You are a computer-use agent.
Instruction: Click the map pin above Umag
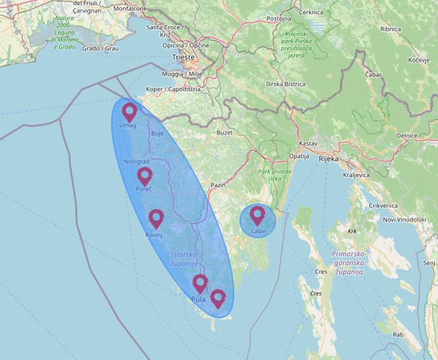(x=129, y=112)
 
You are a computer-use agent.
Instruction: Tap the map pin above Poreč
(x=145, y=176)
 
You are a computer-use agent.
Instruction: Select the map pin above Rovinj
(x=156, y=219)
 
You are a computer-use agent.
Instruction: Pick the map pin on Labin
(x=257, y=215)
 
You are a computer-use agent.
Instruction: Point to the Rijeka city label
(x=329, y=159)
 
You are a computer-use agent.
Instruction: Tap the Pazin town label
(x=218, y=185)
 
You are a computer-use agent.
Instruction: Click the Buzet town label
(x=225, y=133)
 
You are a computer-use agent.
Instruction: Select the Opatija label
(x=299, y=156)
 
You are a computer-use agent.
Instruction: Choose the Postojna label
(x=279, y=19)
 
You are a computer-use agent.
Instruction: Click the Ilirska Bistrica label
(x=286, y=84)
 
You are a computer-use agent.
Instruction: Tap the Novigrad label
(x=136, y=162)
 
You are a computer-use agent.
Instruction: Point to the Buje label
(x=157, y=134)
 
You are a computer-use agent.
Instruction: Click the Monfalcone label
(x=130, y=9)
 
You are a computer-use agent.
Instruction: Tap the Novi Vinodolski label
(x=404, y=219)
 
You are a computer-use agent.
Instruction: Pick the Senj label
(x=429, y=263)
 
